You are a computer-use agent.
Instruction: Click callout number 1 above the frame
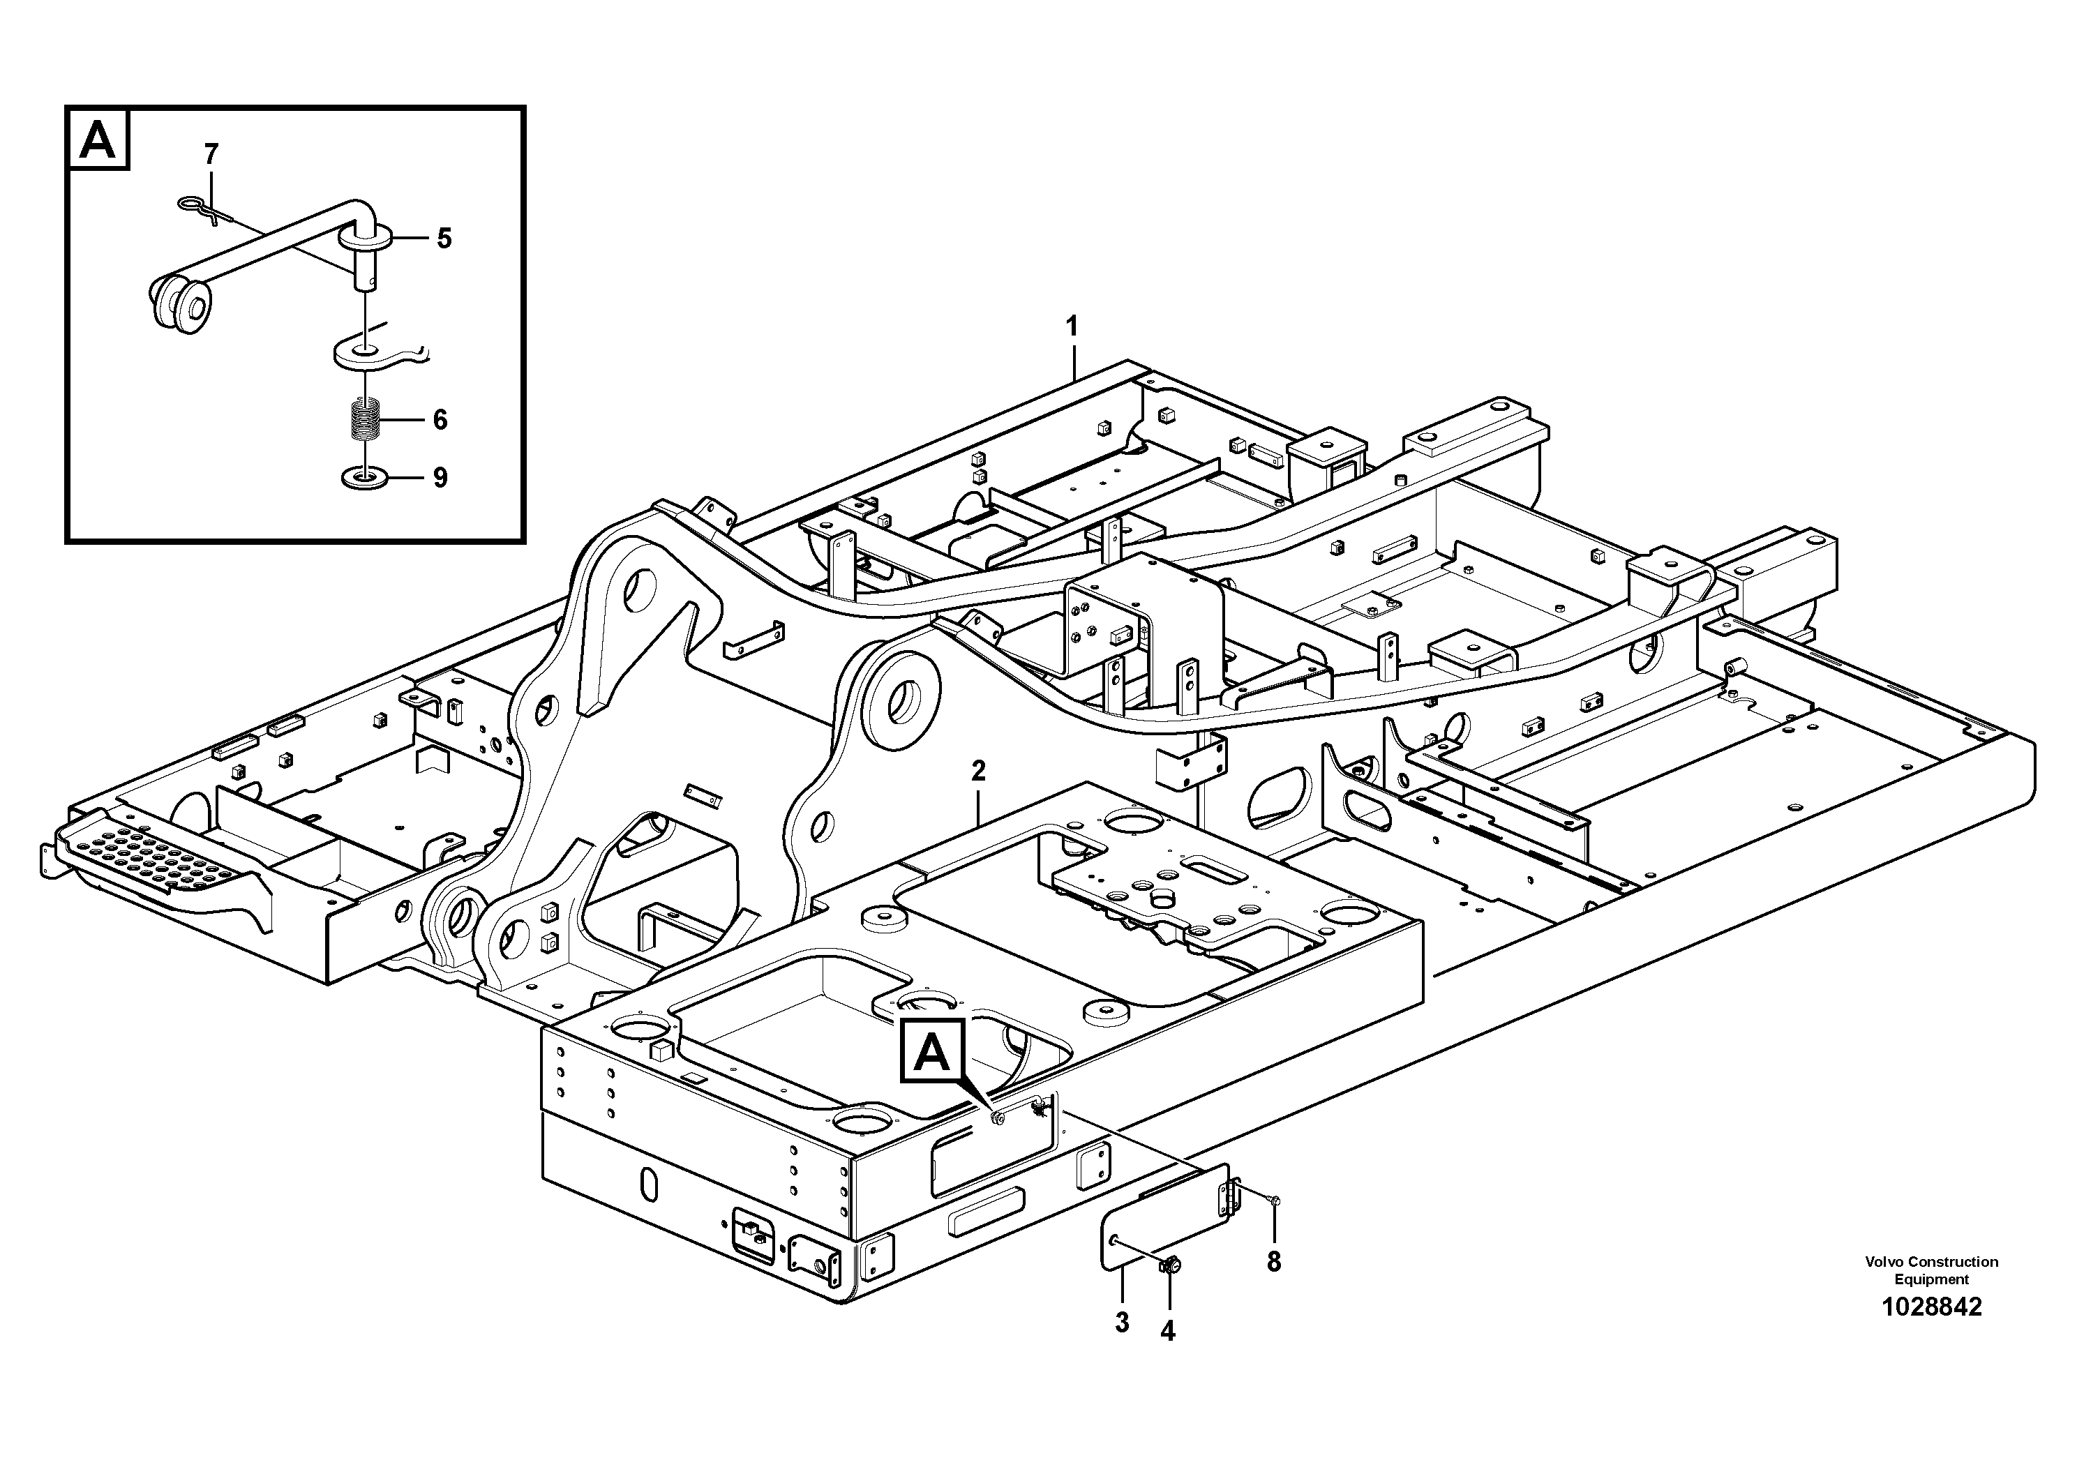[x=1072, y=326]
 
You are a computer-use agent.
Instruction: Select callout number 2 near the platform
[x=978, y=772]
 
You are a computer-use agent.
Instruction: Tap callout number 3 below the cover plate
[x=1122, y=1323]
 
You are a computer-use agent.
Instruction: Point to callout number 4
[x=1168, y=1330]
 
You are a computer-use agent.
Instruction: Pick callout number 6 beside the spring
[x=440, y=420]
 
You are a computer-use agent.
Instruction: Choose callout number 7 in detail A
[x=211, y=155]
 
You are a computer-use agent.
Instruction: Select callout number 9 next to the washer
[x=440, y=478]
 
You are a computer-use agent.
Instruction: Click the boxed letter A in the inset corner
[x=98, y=140]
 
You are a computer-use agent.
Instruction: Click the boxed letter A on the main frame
[x=933, y=1052]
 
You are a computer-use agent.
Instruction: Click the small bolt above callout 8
[x=1274, y=1201]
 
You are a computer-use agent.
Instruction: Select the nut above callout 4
[x=1168, y=1266]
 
